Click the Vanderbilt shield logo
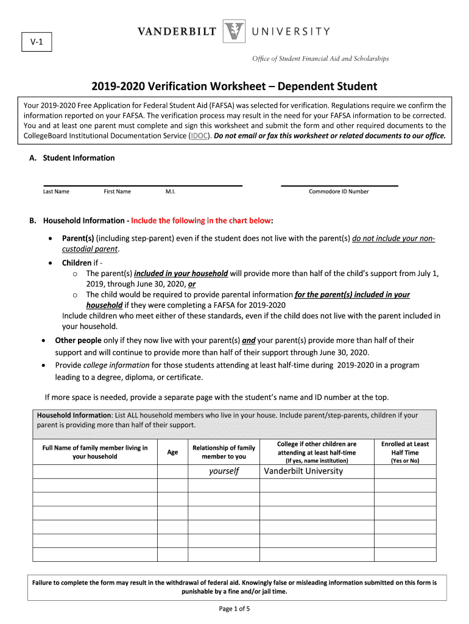234,32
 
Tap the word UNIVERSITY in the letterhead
291,32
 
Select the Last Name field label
56,191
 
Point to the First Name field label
117,191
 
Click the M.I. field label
171,191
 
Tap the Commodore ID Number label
339,191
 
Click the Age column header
172,452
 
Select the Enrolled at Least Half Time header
405,452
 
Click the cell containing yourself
224,471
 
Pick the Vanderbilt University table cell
303,471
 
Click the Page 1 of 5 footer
234,608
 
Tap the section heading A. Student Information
72,158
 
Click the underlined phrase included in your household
181,274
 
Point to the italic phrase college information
116,365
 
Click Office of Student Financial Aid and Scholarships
320,58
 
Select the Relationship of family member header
224,452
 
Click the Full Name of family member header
94,452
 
